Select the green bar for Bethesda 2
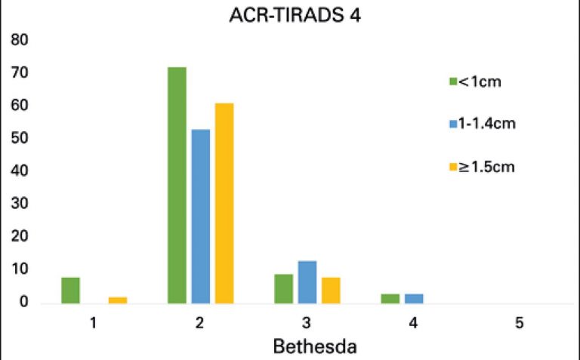pyautogui.click(x=177, y=185)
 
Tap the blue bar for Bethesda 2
pyautogui.click(x=201, y=216)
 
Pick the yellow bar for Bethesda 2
pyautogui.click(x=224, y=203)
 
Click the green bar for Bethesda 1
pyautogui.click(x=70, y=290)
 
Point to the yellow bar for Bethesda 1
pyautogui.click(x=118, y=300)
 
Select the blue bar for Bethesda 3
pyautogui.click(x=307, y=282)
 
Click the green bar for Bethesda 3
pyautogui.click(x=284, y=288)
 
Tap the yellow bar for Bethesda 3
pyautogui.click(x=331, y=290)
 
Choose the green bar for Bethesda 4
pyautogui.click(x=390, y=298)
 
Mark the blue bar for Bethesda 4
pyautogui.click(x=414, y=298)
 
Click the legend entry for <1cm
pyautogui.click(x=480, y=81)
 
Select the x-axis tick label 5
pyautogui.click(x=520, y=323)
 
